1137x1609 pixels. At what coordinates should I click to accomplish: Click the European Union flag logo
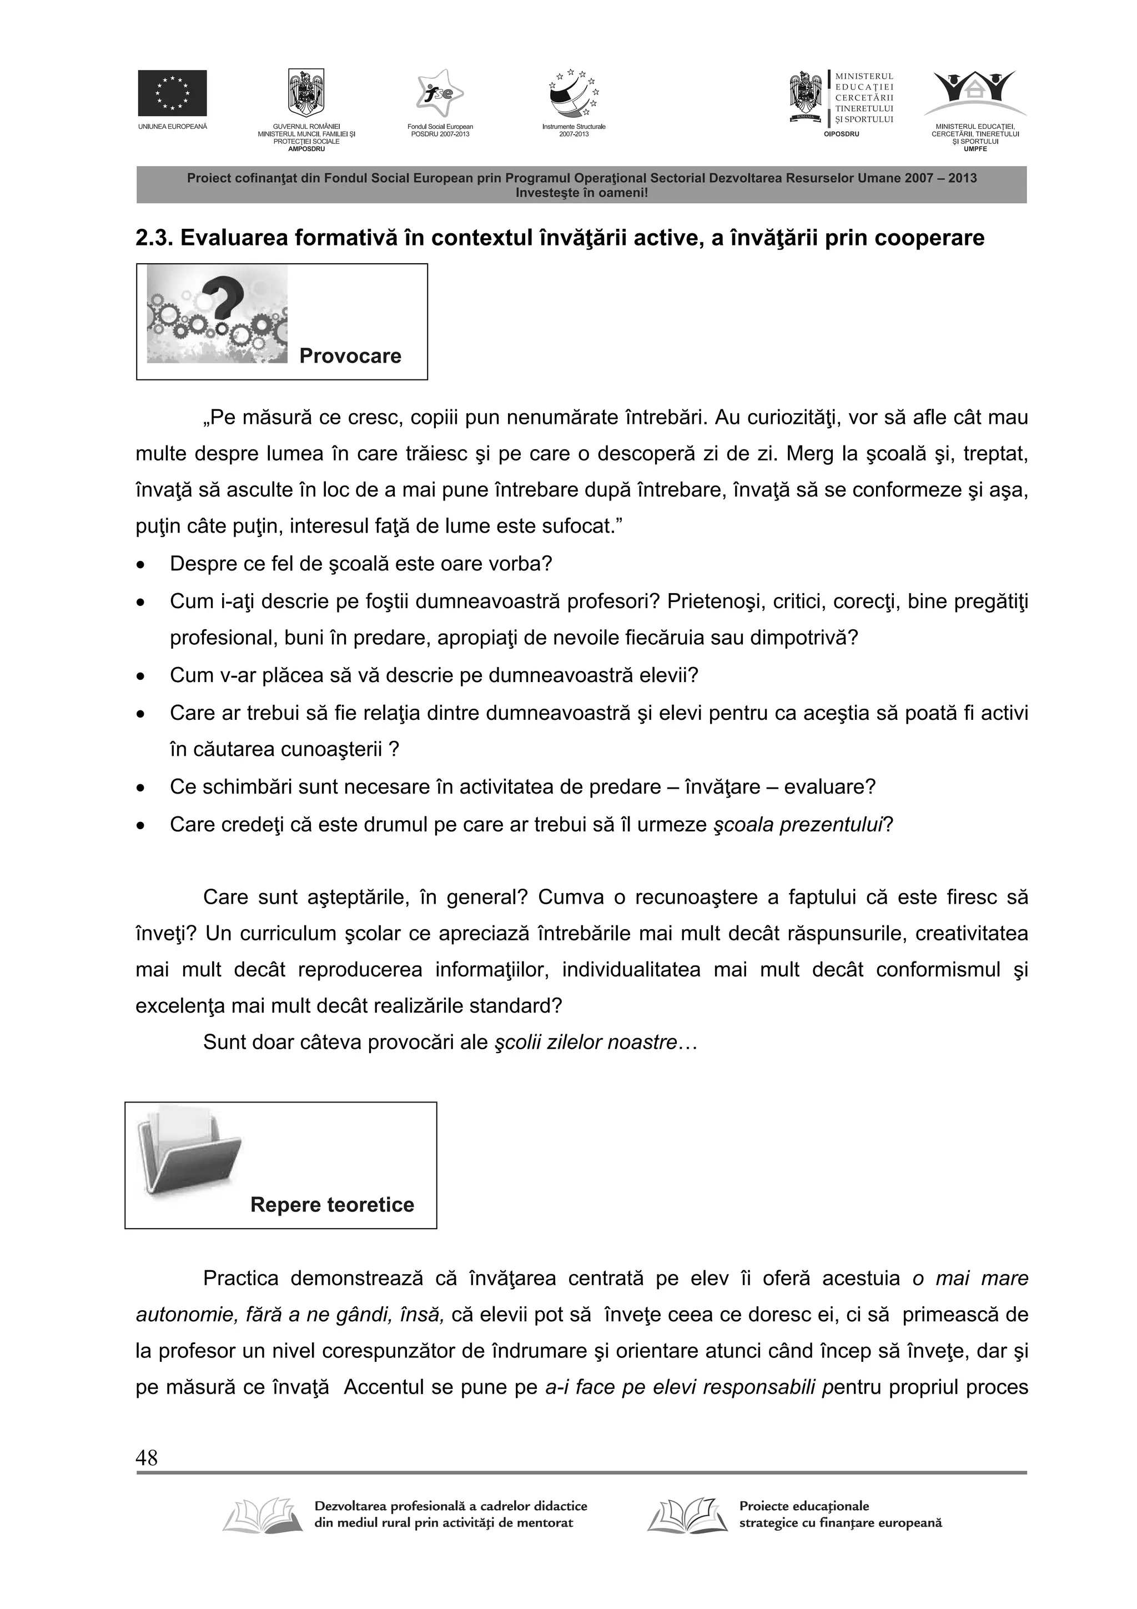click(172, 93)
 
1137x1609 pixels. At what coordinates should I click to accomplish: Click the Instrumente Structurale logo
click(573, 94)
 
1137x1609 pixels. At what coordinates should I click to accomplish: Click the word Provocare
click(350, 356)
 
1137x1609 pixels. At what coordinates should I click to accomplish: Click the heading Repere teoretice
click(332, 1205)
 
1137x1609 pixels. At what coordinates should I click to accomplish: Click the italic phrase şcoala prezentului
click(797, 824)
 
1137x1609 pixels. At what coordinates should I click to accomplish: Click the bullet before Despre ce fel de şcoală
click(142, 565)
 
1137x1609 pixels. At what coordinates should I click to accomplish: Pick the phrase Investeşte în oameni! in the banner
click(581, 192)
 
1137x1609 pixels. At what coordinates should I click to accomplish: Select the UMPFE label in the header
click(975, 148)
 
